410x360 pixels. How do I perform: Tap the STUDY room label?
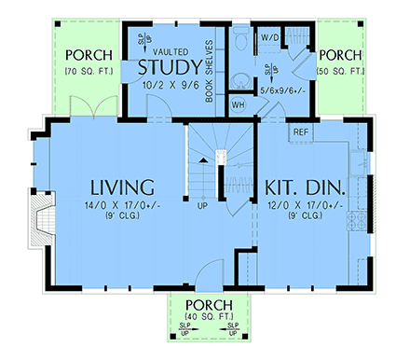[x=170, y=68]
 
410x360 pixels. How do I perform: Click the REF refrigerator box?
[x=301, y=132]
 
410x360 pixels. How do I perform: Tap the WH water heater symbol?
[x=238, y=104]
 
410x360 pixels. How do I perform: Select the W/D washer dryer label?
[x=271, y=38]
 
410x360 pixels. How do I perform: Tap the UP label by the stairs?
[x=202, y=205]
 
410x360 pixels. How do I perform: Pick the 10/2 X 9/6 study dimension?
[x=170, y=84]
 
